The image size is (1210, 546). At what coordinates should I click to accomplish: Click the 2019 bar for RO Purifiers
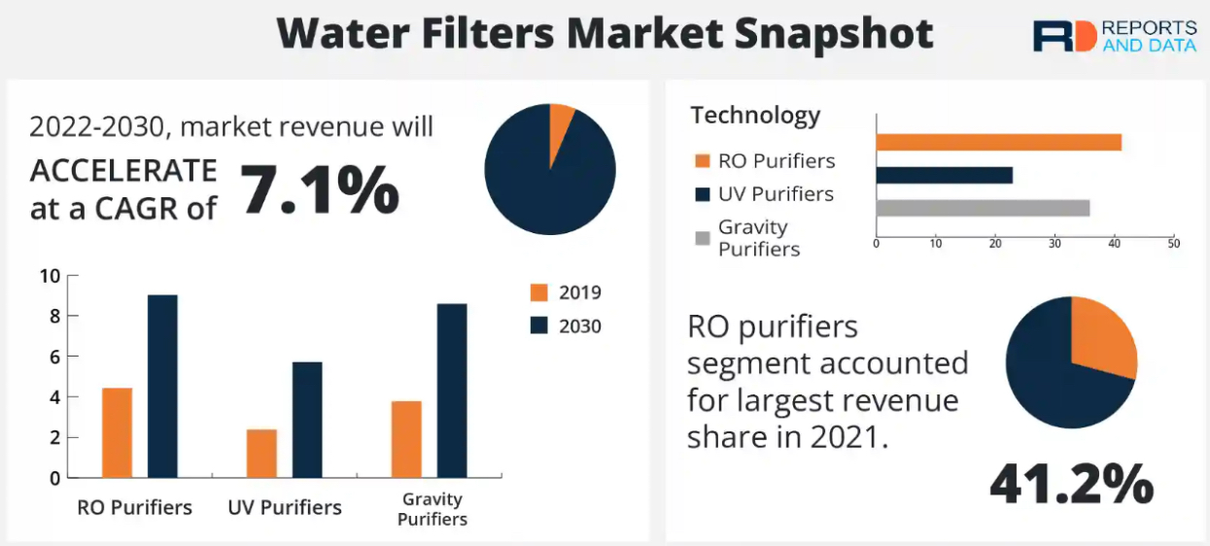pyautogui.click(x=117, y=432)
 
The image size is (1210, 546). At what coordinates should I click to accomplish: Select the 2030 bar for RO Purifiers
pyautogui.click(x=162, y=386)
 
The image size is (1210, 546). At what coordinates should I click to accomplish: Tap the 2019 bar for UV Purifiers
pyautogui.click(x=261, y=453)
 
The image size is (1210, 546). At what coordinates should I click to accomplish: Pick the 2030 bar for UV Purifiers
pyautogui.click(x=307, y=420)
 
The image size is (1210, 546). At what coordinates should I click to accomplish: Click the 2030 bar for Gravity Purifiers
pyautogui.click(x=452, y=391)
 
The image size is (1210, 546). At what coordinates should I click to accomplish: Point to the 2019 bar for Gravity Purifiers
pyautogui.click(x=406, y=439)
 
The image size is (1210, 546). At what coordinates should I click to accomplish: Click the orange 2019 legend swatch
pyautogui.click(x=539, y=292)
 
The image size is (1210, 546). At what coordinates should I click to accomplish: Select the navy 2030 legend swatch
pyautogui.click(x=539, y=325)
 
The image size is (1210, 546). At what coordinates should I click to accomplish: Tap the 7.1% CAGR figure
pyautogui.click(x=319, y=188)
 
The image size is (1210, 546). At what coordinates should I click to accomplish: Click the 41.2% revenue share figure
pyautogui.click(x=1071, y=483)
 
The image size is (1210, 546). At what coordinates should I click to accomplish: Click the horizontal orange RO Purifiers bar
pyautogui.click(x=998, y=142)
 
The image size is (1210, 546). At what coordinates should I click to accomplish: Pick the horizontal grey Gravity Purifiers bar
pyautogui.click(x=983, y=208)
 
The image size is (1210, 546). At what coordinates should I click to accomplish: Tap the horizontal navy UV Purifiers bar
pyautogui.click(x=944, y=175)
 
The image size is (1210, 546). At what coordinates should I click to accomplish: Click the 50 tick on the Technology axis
pyautogui.click(x=1173, y=243)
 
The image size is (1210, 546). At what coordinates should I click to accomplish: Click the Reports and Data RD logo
pyautogui.click(x=1063, y=36)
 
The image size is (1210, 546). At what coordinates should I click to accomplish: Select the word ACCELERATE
pyautogui.click(x=123, y=170)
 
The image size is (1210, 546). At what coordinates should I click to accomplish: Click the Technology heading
pyautogui.click(x=755, y=115)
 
